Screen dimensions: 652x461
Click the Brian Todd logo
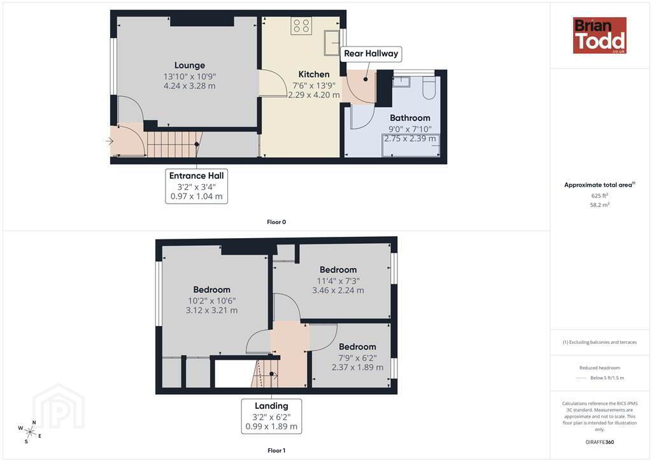click(x=599, y=35)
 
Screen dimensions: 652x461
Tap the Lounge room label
click(x=190, y=65)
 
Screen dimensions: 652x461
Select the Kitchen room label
click(x=314, y=74)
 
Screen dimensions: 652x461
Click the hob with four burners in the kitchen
click(x=301, y=25)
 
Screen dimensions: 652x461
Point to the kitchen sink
click(x=332, y=43)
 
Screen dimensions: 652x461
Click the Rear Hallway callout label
click(x=371, y=53)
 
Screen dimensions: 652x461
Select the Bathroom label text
click(x=410, y=118)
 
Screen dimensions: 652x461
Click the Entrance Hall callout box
click(x=196, y=186)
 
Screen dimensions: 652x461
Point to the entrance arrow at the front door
click(x=110, y=141)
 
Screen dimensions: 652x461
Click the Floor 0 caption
click(x=276, y=222)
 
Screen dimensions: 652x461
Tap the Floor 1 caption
click(x=276, y=451)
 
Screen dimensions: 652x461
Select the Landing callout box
click(x=271, y=416)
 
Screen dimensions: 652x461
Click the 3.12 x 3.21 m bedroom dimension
click(x=211, y=311)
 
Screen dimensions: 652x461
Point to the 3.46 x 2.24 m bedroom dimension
click(x=338, y=290)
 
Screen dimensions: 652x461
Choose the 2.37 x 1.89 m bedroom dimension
click(x=358, y=367)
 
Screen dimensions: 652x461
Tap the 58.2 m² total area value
click(x=600, y=205)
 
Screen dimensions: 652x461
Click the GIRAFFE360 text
click(x=600, y=442)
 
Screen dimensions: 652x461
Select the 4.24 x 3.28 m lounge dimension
click(x=190, y=86)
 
